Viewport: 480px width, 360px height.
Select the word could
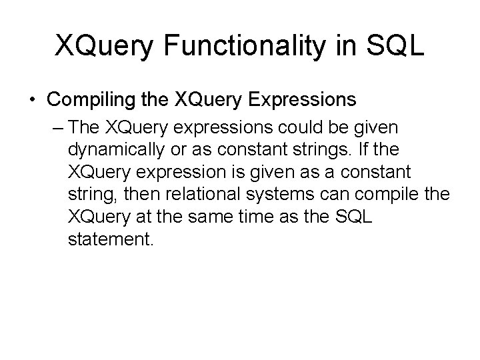tap(315, 127)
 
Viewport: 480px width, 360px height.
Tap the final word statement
tap(110, 239)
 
